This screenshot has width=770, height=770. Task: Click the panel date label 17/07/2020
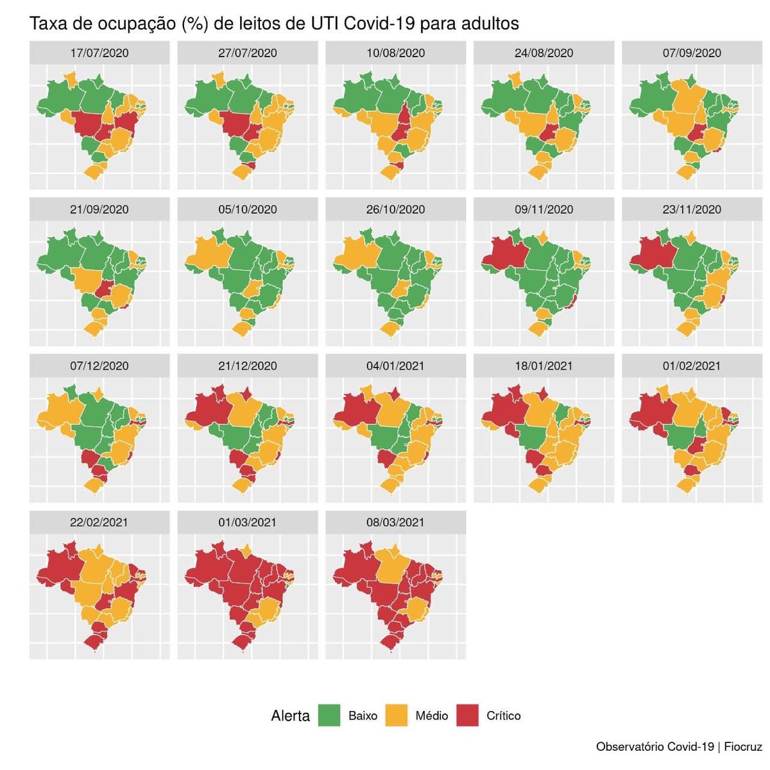99,53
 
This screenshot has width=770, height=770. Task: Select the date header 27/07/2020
248,53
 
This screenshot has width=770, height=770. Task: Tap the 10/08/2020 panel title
396,53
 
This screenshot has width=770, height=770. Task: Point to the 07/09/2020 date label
692,53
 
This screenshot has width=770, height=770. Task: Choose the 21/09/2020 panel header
99,209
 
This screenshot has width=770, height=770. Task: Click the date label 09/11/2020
544,209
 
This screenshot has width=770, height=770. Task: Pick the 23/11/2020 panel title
692,209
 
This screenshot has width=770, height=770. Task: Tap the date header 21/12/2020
248,366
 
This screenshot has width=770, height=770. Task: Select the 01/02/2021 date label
692,366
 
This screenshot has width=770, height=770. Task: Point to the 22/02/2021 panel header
99,522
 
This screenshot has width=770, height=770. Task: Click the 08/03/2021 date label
396,522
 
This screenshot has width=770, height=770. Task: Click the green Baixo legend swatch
329,715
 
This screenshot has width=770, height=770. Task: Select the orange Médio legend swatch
396,715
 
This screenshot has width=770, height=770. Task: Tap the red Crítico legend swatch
467,715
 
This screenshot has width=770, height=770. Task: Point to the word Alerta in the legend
290,716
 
